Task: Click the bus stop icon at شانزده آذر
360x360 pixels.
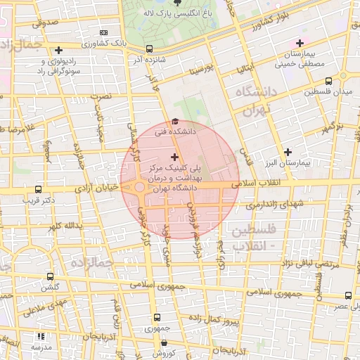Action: (149, 49)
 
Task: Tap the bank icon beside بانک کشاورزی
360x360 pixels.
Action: (104, 32)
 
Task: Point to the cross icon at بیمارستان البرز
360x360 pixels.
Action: (287, 152)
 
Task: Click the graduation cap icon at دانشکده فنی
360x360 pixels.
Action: (175, 121)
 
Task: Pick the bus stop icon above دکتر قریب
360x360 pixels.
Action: (37, 189)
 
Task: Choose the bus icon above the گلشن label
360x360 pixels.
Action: (49, 277)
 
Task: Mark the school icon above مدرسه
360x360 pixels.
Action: (40, 337)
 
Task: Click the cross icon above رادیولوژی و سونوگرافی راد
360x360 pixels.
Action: (58, 51)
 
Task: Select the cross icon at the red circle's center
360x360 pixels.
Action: (175, 156)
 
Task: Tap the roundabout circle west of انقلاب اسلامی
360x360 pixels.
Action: (140, 188)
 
